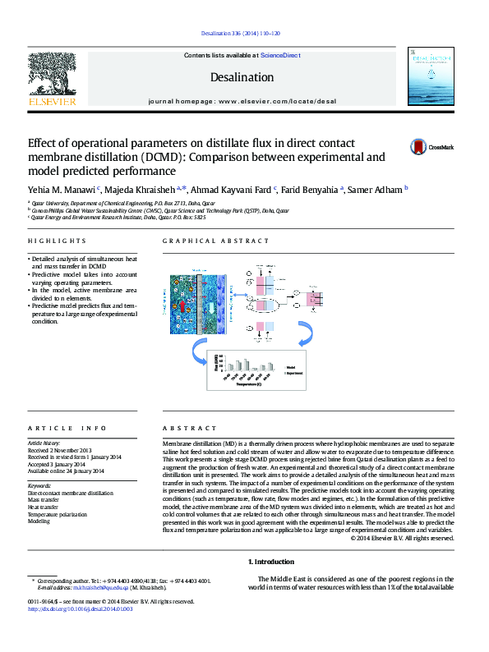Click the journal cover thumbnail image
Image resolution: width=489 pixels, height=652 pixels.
click(432, 79)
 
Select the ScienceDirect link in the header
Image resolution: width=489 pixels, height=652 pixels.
click(280, 56)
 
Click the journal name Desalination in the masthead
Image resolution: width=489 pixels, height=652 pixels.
click(242, 77)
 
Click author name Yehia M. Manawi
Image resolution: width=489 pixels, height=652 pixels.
click(62, 190)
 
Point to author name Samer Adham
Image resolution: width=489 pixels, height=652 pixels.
click(375, 190)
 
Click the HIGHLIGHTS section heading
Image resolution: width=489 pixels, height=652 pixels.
click(57, 241)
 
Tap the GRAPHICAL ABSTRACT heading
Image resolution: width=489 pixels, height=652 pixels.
click(215, 241)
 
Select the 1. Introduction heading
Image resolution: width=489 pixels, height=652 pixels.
click(270, 562)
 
